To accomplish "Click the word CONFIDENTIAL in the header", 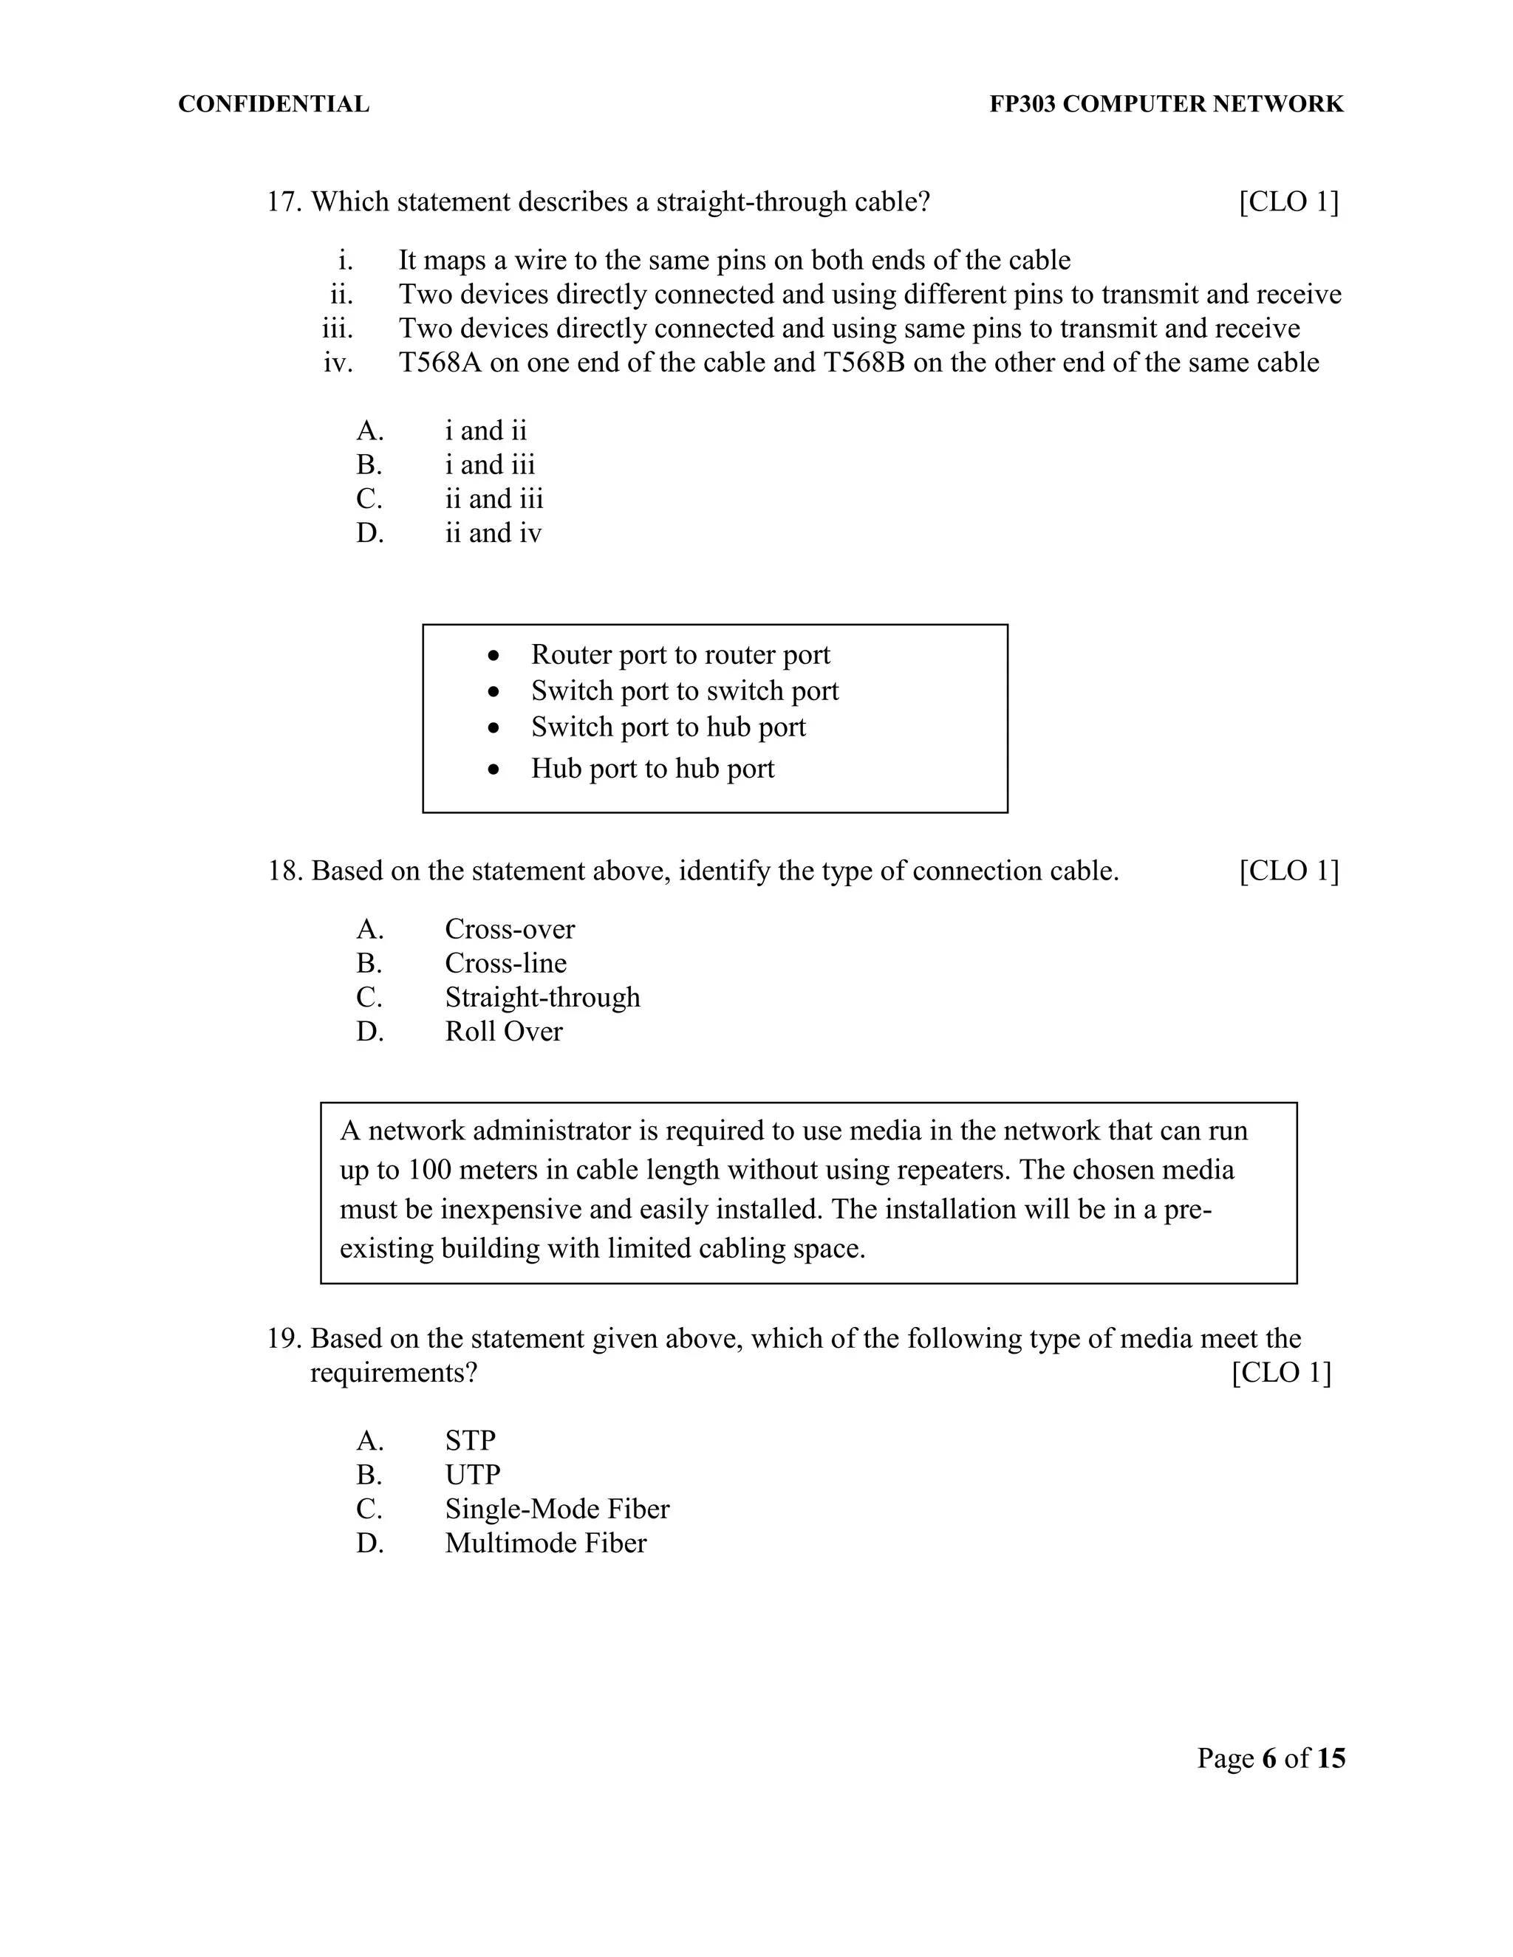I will pos(273,104).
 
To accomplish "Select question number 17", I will pos(283,202).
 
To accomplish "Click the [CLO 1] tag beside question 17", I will pos(1288,202).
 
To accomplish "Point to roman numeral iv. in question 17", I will pos(338,363).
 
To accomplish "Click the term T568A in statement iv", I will pos(440,363).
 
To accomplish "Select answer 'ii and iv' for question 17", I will pos(493,533).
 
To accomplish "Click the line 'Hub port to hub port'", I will pos(652,769).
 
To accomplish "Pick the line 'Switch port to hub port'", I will pos(668,727).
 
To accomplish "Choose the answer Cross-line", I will pos(505,963).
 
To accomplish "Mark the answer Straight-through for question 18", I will pos(542,997).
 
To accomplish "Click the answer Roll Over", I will pos(504,1032).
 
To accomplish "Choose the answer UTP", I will pos(472,1475).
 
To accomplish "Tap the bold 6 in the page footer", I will pos(1268,1759).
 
